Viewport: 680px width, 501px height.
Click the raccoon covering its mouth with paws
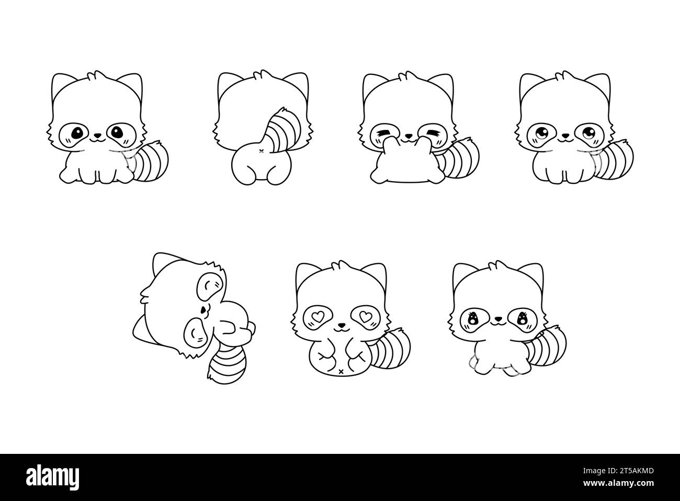pos(403,131)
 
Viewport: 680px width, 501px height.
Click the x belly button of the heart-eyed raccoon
pos(341,371)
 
